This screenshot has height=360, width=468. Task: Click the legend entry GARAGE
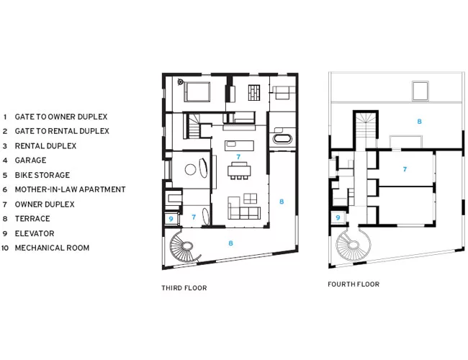(30, 161)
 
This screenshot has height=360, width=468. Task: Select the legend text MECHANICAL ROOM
(53, 248)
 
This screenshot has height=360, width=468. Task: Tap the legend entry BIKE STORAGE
(42, 175)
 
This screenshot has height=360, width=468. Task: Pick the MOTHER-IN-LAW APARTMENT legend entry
(70, 189)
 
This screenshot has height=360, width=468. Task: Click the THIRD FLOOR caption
(184, 288)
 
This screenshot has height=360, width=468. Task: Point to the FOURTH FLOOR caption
(354, 284)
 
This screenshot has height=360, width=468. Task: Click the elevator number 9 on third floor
(171, 219)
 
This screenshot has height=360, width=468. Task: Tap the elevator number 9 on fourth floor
(338, 217)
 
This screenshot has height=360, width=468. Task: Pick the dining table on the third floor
(239, 171)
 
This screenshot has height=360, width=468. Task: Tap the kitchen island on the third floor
(239, 146)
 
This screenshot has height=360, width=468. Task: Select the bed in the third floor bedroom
(197, 92)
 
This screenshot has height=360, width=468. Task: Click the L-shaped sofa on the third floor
(244, 208)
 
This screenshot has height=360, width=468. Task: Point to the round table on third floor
(190, 169)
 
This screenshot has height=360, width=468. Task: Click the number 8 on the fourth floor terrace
(419, 122)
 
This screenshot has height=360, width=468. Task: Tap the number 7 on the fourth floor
(405, 169)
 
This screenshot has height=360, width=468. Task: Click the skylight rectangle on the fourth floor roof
(420, 91)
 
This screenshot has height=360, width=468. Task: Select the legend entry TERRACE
(32, 219)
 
